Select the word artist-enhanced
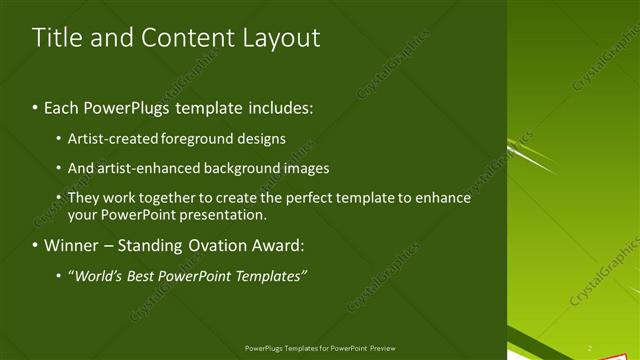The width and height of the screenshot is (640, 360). click(141, 168)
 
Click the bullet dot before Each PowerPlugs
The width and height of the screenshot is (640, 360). click(35, 106)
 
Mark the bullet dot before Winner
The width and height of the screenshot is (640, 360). click(35, 245)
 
